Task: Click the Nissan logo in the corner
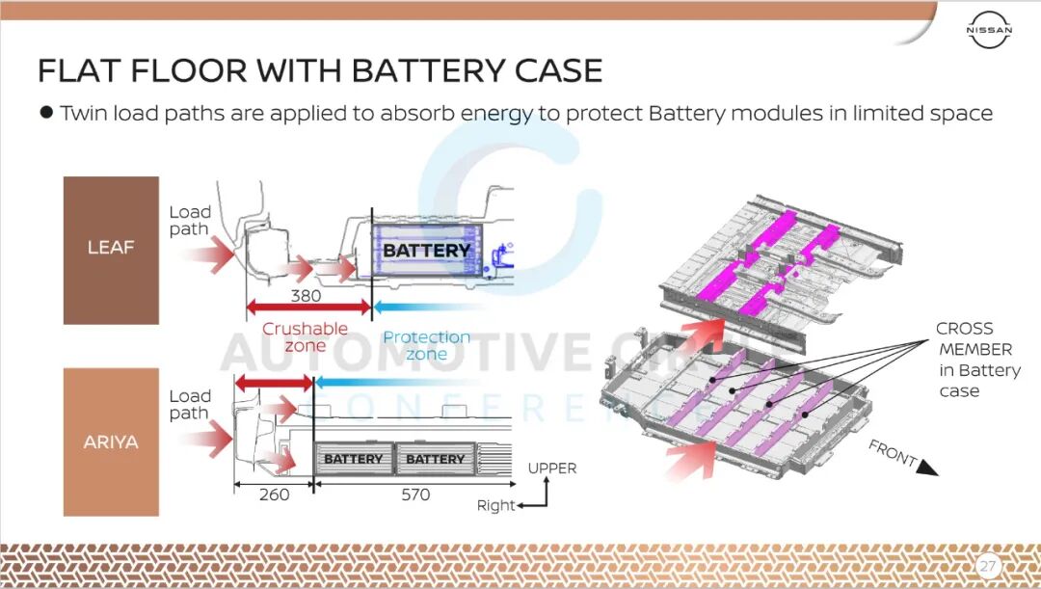(x=990, y=31)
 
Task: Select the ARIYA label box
(x=111, y=442)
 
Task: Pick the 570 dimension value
(x=415, y=495)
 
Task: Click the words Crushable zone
(x=305, y=337)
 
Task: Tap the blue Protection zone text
(x=426, y=345)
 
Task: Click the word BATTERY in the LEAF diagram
(x=426, y=251)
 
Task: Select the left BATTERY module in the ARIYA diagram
(x=353, y=459)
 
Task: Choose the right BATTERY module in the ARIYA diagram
(x=435, y=459)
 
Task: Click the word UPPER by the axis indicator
(x=551, y=469)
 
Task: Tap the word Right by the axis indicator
(x=496, y=505)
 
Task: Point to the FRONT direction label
(x=893, y=453)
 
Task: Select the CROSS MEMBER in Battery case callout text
(x=976, y=360)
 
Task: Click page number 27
(x=987, y=565)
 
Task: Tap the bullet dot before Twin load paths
(x=45, y=113)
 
